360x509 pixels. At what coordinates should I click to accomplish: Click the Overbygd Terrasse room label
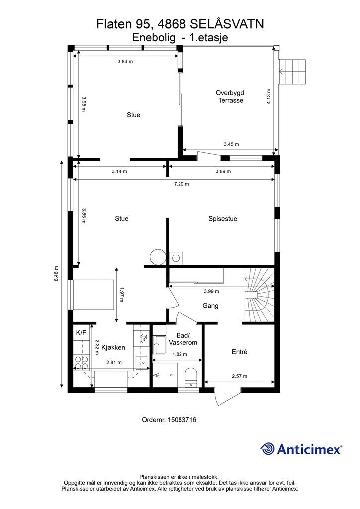pyautogui.click(x=230, y=97)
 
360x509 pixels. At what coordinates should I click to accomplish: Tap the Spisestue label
pyautogui.click(x=223, y=219)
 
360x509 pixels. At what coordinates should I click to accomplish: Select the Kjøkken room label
pyautogui.click(x=113, y=347)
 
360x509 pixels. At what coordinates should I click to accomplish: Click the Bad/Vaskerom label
pyautogui.click(x=183, y=339)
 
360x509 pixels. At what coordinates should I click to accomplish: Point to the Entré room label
pyautogui.click(x=240, y=352)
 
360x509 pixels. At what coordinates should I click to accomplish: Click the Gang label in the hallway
pyautogui.click(x=210, y=306)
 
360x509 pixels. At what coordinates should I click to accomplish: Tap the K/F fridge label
pyautogui.click(x=81, y=333)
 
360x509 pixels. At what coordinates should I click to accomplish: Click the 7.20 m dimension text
pyautogui.click(x=181, y=184)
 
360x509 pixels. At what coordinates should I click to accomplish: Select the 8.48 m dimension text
pyautogui.click(x=56, y=274)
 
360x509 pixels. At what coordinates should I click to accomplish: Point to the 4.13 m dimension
pyautogui.click(x=269, y=96)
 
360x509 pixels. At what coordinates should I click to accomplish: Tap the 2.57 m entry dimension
pyautogui.click(x=239, y=376)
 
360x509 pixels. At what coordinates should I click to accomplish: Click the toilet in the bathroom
pyautogui.click(x=190, y=378)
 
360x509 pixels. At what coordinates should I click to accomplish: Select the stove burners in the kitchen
pyautogui.click(x=81, y=363)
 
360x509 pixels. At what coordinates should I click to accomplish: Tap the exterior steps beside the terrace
pyautogui.click(x=293, y=72)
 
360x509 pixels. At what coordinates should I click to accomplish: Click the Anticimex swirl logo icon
pyautogui.click(x=268, y=449)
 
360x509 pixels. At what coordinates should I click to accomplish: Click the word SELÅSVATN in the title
pyautogui.click(x=226, y=24)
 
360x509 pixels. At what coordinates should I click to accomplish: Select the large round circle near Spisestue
pyautogui.click(x=158, y=257)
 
